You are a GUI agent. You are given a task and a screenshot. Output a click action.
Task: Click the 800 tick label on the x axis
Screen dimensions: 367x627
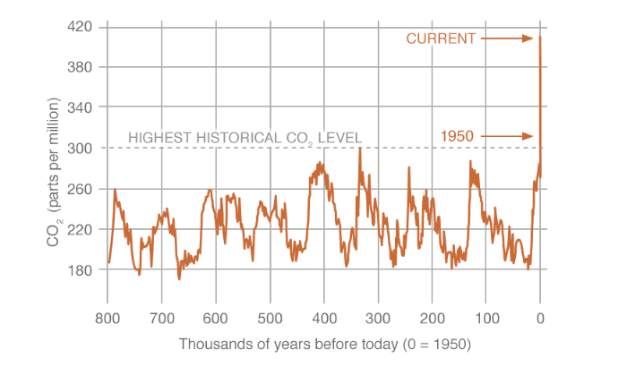(107, 318)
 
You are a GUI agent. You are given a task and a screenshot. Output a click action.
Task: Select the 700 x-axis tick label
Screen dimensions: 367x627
(161, 318)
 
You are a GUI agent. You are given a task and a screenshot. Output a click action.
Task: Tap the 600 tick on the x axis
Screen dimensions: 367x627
(216, 318)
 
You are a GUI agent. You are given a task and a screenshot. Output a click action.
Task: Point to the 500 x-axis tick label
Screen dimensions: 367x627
(270, 318)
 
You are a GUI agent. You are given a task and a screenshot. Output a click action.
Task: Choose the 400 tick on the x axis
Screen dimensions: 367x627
(324, 318)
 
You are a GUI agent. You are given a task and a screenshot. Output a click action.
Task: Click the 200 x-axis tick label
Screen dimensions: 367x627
(433, 318)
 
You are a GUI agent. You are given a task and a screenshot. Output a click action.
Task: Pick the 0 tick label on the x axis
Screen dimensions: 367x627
(540, 318)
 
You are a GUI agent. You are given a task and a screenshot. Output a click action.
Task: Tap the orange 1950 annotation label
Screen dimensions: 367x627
(457, 136)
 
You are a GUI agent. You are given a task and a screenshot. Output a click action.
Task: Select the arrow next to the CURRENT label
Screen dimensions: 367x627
(508, 38)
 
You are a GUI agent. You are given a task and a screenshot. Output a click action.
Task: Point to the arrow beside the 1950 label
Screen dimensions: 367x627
(508, 136)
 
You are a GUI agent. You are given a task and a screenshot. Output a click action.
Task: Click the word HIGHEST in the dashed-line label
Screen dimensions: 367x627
(159, 138)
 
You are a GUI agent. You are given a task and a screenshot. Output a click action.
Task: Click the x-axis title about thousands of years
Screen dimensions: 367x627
(323, 344)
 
